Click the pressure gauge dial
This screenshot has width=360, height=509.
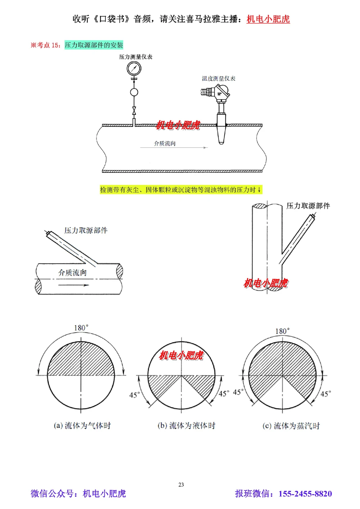[x=134, y=68]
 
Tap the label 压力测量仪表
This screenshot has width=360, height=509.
[x=136, y=57]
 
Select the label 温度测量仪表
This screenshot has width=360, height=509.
[x=219, y=78]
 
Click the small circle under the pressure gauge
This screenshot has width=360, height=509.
[x=134, y=92]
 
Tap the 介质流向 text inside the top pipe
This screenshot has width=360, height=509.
[x=165, y=144]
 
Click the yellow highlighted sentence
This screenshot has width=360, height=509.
[x=181, y=190]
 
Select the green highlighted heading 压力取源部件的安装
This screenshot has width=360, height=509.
[x=94, y=45]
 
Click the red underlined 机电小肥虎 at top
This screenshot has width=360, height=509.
[x=268, y=19]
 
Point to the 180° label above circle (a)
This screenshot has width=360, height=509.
[x=81, y=328]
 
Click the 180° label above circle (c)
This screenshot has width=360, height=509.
[x=282, y=331]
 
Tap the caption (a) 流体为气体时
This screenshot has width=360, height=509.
[x=82, y=426]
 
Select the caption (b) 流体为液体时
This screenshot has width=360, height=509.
[x=186, y=426]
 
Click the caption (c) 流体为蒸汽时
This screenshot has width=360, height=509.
[x=291, y=426]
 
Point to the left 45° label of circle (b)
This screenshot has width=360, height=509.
[x=134, y=395]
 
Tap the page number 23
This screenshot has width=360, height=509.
[x=181, y=485]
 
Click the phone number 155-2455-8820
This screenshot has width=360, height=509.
[x=305, y=494]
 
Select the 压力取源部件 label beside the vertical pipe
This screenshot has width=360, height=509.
[x=308, y=206]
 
